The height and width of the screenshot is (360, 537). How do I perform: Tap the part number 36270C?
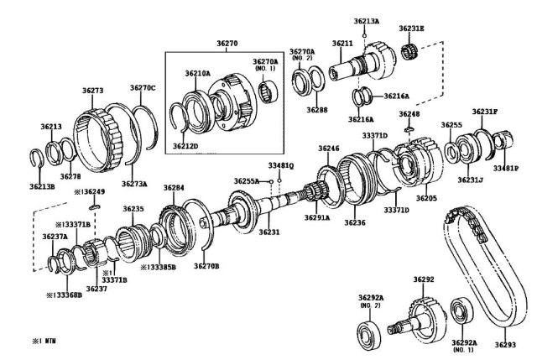coord(143,87)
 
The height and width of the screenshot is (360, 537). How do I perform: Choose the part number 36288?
coord(317,109)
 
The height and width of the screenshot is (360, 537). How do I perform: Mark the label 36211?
coord(342,43)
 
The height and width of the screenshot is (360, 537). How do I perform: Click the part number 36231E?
coord(411,29)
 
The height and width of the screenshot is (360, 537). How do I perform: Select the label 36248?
coord(409,113)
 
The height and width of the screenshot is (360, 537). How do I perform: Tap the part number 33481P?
coord(506,169)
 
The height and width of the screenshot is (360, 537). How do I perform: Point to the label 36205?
coord(426,198)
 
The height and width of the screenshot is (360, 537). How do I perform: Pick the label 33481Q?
coord(281,165)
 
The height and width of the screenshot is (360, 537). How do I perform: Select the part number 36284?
coord(174,188)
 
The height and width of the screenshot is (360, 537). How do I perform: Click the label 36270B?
coord(206,266)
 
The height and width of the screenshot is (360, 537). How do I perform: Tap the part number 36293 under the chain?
coord(505,344)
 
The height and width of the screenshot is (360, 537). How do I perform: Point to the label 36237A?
coord(55,237)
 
